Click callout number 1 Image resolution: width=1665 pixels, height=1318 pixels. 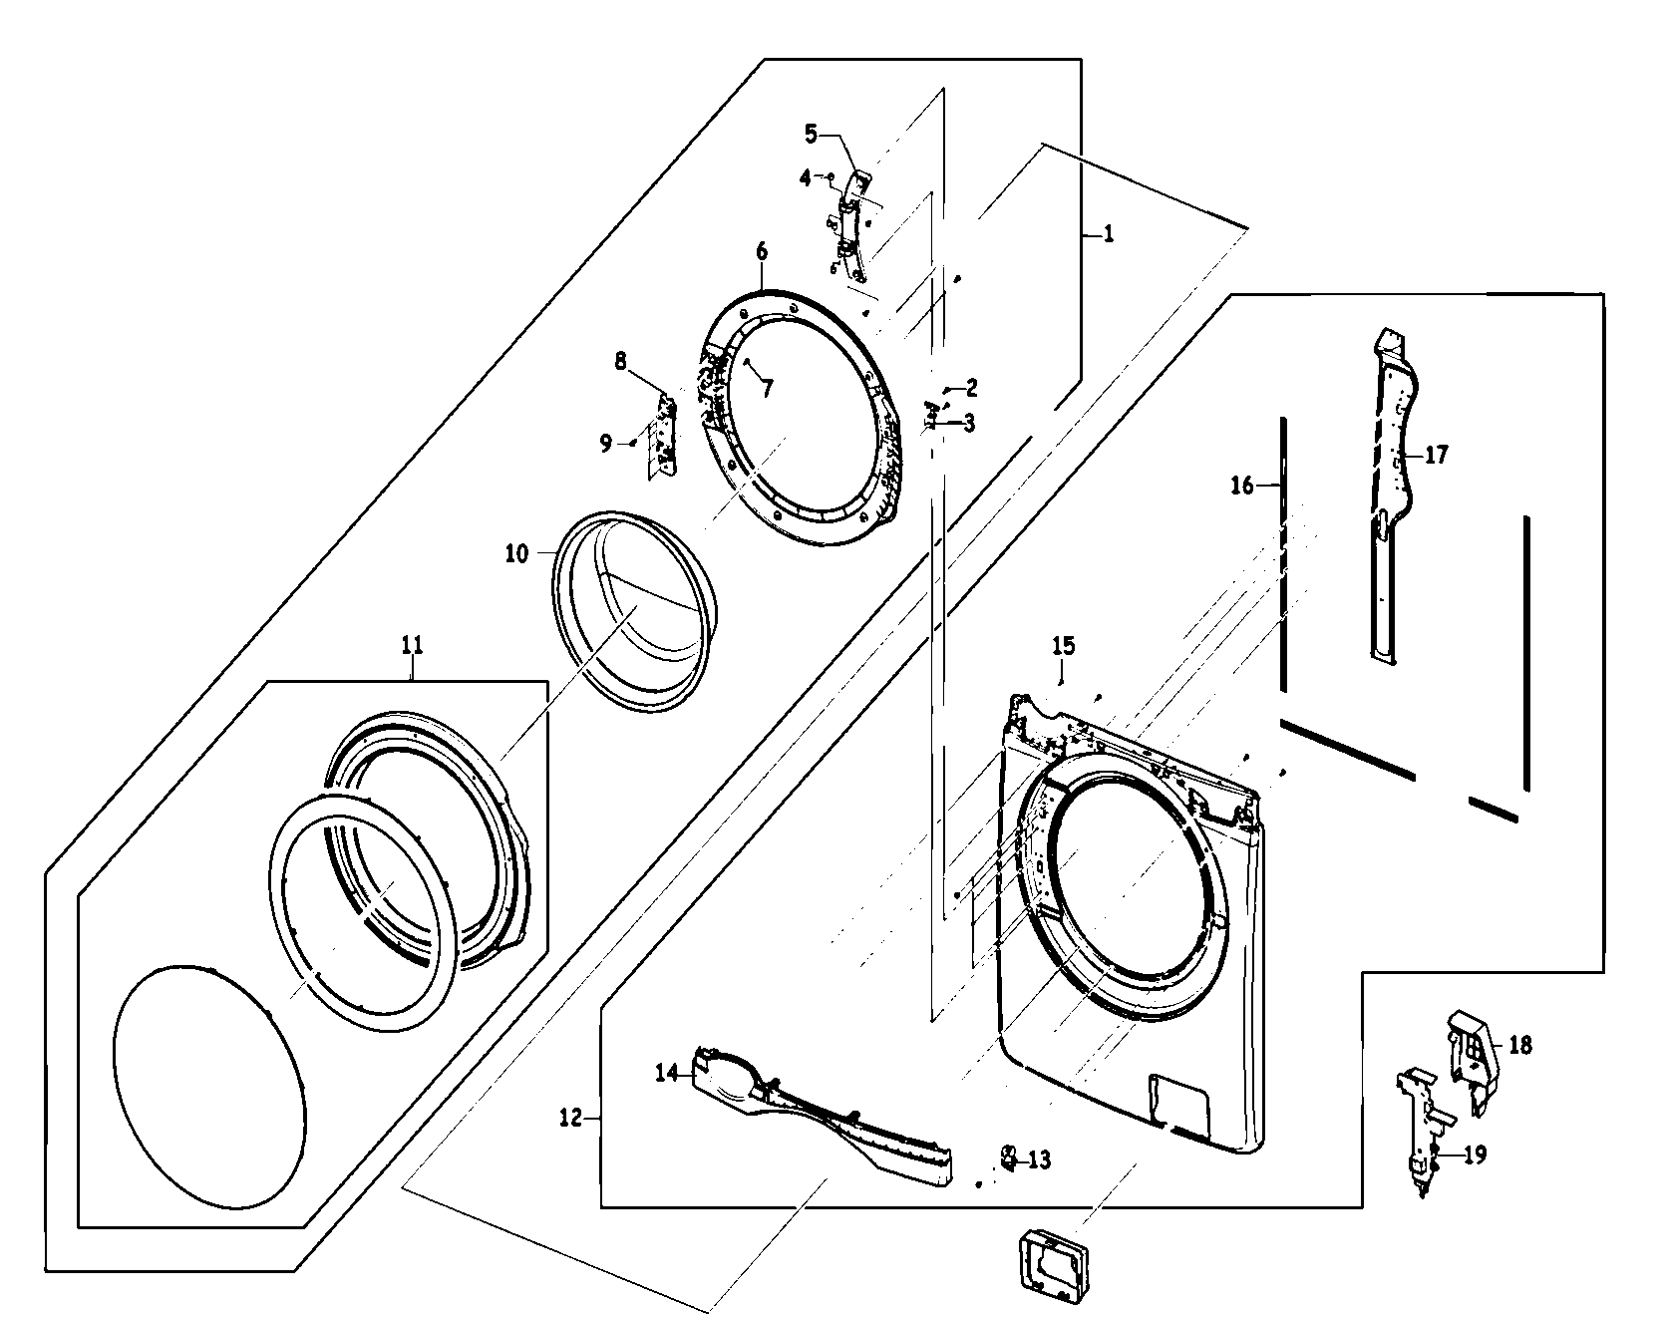1109,234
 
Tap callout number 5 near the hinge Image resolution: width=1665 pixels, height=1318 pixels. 811,133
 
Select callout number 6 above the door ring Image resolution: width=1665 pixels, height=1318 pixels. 762,251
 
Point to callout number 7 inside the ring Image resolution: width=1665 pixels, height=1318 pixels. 767,389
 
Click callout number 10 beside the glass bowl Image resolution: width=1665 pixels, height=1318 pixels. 516,553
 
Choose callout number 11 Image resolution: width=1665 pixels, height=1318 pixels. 412,645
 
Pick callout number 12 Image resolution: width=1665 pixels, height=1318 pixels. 570,1118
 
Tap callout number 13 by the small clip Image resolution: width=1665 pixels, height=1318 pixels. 1039,1160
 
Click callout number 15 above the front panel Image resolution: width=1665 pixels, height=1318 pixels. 1063,646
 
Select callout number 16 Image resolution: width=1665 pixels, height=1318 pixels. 1242,486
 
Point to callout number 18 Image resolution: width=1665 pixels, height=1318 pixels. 1519,1045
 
